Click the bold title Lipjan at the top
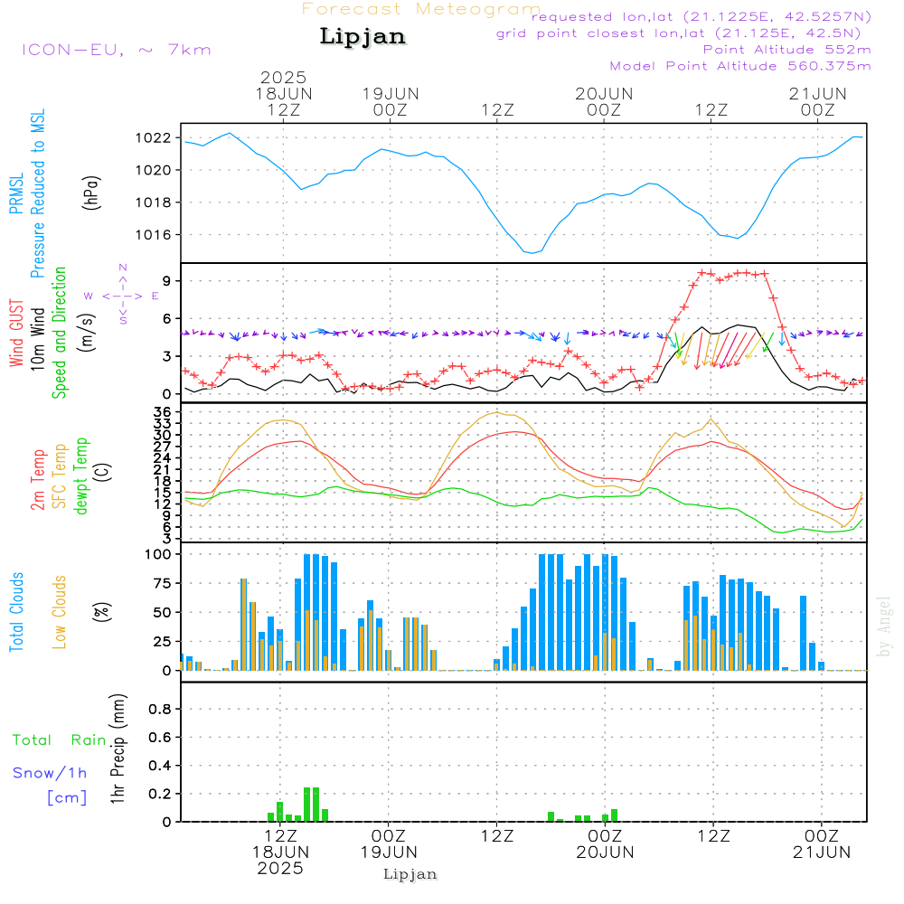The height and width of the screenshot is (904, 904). pos(363,37)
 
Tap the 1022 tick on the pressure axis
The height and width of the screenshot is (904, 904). pos(154,137)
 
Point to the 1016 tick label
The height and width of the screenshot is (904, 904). pos(154,235)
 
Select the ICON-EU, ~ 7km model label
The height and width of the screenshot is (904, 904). pos(117,50)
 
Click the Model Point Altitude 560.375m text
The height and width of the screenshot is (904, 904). pos(740,66)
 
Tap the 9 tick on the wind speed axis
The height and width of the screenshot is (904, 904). pos(167,281)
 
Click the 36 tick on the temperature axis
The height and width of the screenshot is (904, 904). pos(163,411)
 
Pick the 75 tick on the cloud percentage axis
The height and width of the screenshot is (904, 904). pos(163,583)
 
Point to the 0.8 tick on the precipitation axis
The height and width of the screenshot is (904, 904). pos(160,709)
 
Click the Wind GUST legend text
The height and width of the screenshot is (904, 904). pos(16,333)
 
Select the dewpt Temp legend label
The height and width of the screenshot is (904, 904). pos(80,476)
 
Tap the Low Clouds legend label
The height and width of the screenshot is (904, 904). pos(59,612)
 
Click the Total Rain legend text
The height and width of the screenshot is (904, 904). pos(60,740)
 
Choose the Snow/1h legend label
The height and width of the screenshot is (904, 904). pos(50,773)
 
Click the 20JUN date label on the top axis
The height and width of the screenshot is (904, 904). pos(604,94)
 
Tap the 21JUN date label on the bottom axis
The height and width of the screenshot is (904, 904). pos(822,852)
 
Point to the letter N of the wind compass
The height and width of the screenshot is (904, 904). pos(123,268)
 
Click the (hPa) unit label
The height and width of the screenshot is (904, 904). pos(91,193)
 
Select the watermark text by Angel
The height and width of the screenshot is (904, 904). pos(884,626)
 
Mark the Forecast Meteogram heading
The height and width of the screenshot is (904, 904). pos(421,10)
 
